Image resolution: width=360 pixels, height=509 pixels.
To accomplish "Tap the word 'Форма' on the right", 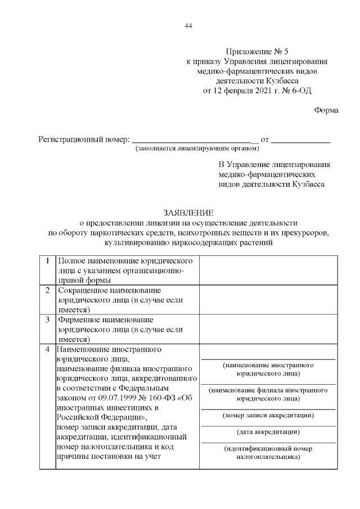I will [x=326, y=110].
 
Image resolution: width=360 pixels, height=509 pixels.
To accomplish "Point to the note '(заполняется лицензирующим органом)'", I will [x=197, y=149].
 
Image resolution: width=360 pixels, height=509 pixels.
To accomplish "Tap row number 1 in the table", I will [x=48, y=261].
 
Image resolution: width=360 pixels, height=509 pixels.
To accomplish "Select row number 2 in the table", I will [x=48, y=290].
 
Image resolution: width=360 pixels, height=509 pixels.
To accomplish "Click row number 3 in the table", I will [x=48, y=319].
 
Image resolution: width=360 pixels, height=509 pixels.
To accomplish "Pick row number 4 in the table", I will [x=48, y=349].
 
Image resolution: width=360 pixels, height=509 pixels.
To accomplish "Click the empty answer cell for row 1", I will [x=268, y=270].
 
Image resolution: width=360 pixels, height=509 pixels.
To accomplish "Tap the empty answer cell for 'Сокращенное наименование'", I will [x=268, y=299].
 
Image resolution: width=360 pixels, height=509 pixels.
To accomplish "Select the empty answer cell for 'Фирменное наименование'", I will [x=268, y=328].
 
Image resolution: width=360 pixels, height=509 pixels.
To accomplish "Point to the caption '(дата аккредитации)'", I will [x=268, y=432].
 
